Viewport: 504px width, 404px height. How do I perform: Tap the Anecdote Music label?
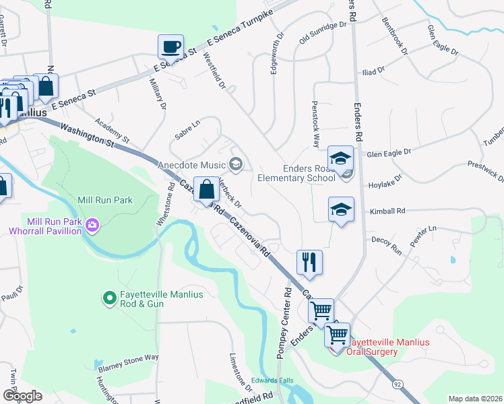[192, 165]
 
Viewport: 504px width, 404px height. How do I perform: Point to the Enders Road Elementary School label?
[296, 174]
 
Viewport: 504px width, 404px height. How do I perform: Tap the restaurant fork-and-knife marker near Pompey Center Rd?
[309, 262]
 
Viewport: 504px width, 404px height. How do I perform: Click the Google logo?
[22, 395]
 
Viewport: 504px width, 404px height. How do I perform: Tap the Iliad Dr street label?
[371, 69]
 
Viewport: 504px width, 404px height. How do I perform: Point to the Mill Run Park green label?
[106, 200]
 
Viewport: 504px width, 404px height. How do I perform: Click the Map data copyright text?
[474, 399]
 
